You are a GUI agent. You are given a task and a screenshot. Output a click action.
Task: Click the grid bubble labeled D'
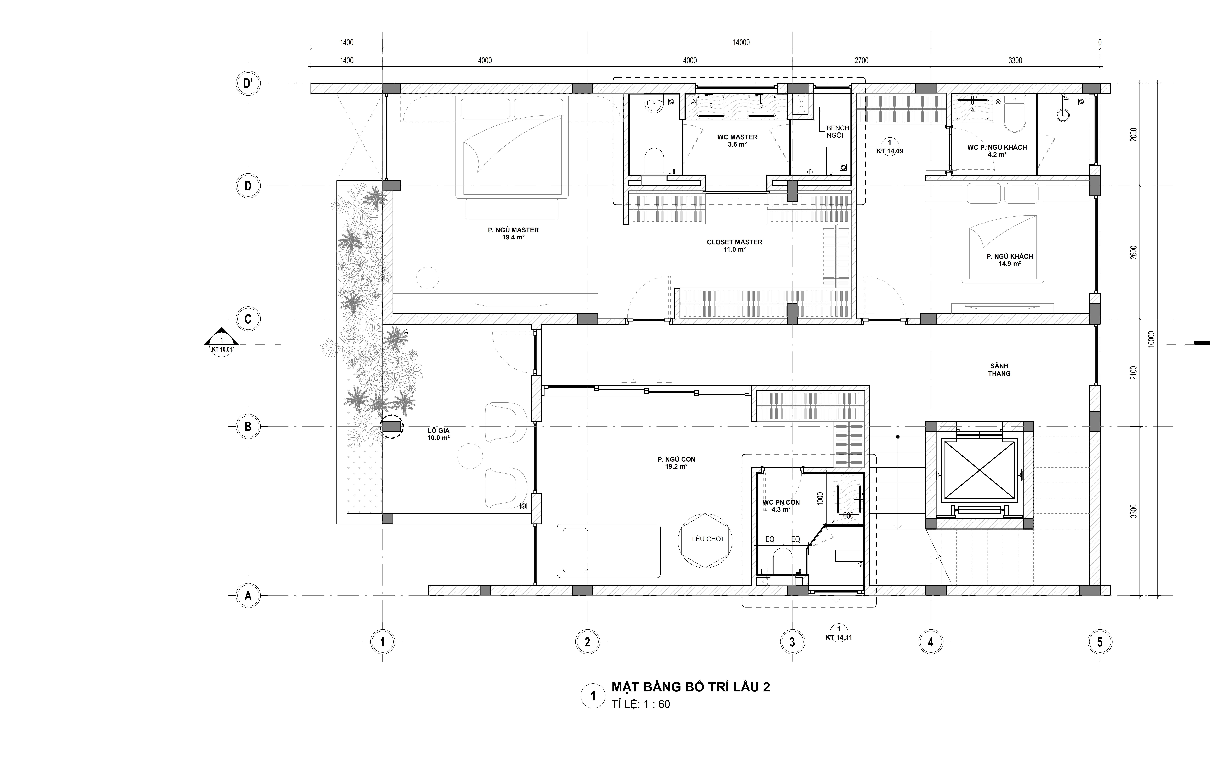click(x=248, y=84)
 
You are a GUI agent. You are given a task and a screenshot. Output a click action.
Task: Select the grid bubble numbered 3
click(x=792, y=642)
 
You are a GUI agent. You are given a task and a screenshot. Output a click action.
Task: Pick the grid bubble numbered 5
click(x=1099, y=642)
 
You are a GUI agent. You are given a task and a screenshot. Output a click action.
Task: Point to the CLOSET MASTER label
click(x=734, y=246)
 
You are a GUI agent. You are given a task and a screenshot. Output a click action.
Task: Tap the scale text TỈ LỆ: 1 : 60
click(x=641, y=704)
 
